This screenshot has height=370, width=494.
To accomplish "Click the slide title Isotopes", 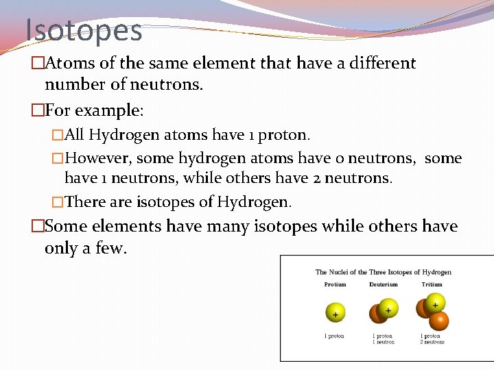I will tap(84, 30).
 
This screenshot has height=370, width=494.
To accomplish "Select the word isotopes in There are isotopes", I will tap(165, 201).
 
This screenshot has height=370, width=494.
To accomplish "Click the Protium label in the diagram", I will tap(335, 284).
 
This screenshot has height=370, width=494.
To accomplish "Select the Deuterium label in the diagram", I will tap(383, 284).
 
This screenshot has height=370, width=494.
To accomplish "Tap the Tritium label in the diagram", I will tap(432, 284).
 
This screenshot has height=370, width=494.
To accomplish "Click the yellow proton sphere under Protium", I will tap(335, 313).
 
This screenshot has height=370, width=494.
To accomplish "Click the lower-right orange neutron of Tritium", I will tap(438, 320).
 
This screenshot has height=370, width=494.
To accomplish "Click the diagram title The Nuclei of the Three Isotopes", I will tap(383, 272).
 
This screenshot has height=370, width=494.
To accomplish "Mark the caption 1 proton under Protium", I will tap(335, 336).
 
